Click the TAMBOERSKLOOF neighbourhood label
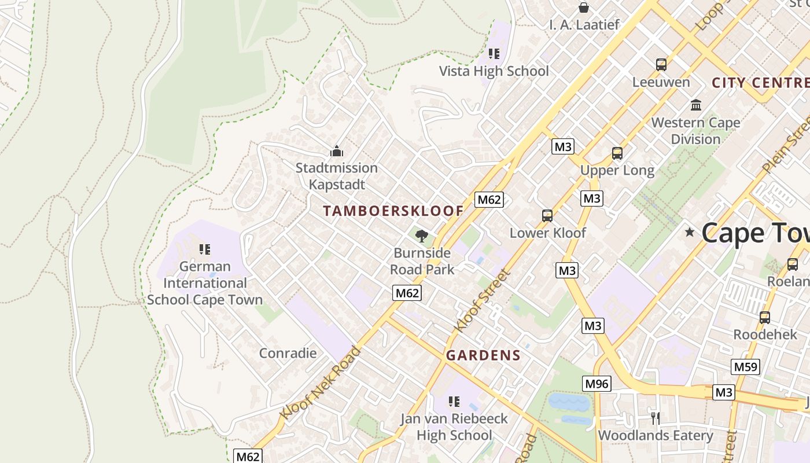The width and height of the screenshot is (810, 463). (393, 211)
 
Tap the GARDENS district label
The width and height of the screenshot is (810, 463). (483, 355)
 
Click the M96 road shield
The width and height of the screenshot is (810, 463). (597, 383)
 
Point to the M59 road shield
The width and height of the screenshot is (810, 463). (745, 366)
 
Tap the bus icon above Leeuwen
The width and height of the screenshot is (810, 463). (661, 64)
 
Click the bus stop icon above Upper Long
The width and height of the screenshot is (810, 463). (617, 153)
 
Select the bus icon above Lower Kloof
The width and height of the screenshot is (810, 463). (547, 216)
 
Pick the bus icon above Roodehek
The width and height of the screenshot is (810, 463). (765, 317)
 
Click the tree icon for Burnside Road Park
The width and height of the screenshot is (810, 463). (422, 235)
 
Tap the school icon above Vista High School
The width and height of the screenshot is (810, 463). (494, 54)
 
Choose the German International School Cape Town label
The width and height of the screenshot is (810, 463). (205, 283)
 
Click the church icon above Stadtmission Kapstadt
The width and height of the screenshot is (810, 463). (337, 152)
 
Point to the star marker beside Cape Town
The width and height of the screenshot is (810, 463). (689, 232)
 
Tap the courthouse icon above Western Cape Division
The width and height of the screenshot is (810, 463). (695, 105)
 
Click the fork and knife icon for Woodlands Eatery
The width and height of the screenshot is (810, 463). (655, 418)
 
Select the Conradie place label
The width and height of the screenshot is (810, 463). (288, 353)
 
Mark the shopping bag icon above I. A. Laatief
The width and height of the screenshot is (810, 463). (584, 8)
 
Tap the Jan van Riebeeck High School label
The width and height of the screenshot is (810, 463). (454, 427)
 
